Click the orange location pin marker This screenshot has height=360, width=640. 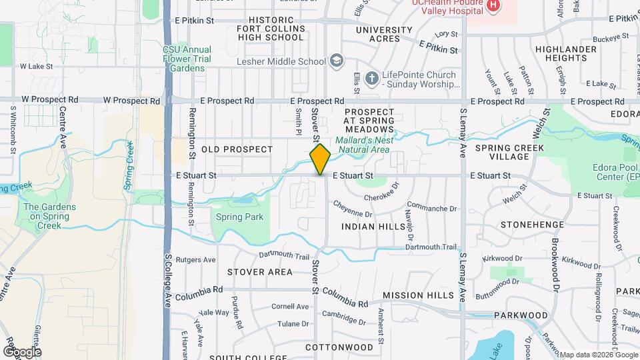(x=320, y=159)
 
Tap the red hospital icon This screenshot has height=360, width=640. (x=493, y=6)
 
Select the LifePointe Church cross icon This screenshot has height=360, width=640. (x=373, y=77)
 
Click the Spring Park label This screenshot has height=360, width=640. (x=239, y=217)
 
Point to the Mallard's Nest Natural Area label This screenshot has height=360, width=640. (x=362, y=145)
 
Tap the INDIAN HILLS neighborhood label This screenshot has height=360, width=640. (x=373, y=227)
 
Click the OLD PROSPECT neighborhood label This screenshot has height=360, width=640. (x=237, y=149)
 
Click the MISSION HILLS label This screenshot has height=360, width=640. (x=418, y=295)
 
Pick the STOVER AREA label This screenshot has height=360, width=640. (x=259, y=272)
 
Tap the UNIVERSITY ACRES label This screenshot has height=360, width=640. (x=384, y=34)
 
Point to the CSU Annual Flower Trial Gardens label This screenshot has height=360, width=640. (x=187, y=59)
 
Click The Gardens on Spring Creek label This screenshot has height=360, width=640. (x=50, y=216)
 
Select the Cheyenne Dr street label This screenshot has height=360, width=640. (x=353, y=209)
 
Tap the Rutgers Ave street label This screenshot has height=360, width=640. (x=200, y=259)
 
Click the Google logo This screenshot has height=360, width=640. (x=22, y=351)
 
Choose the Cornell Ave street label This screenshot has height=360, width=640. (x=290, y=307)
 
